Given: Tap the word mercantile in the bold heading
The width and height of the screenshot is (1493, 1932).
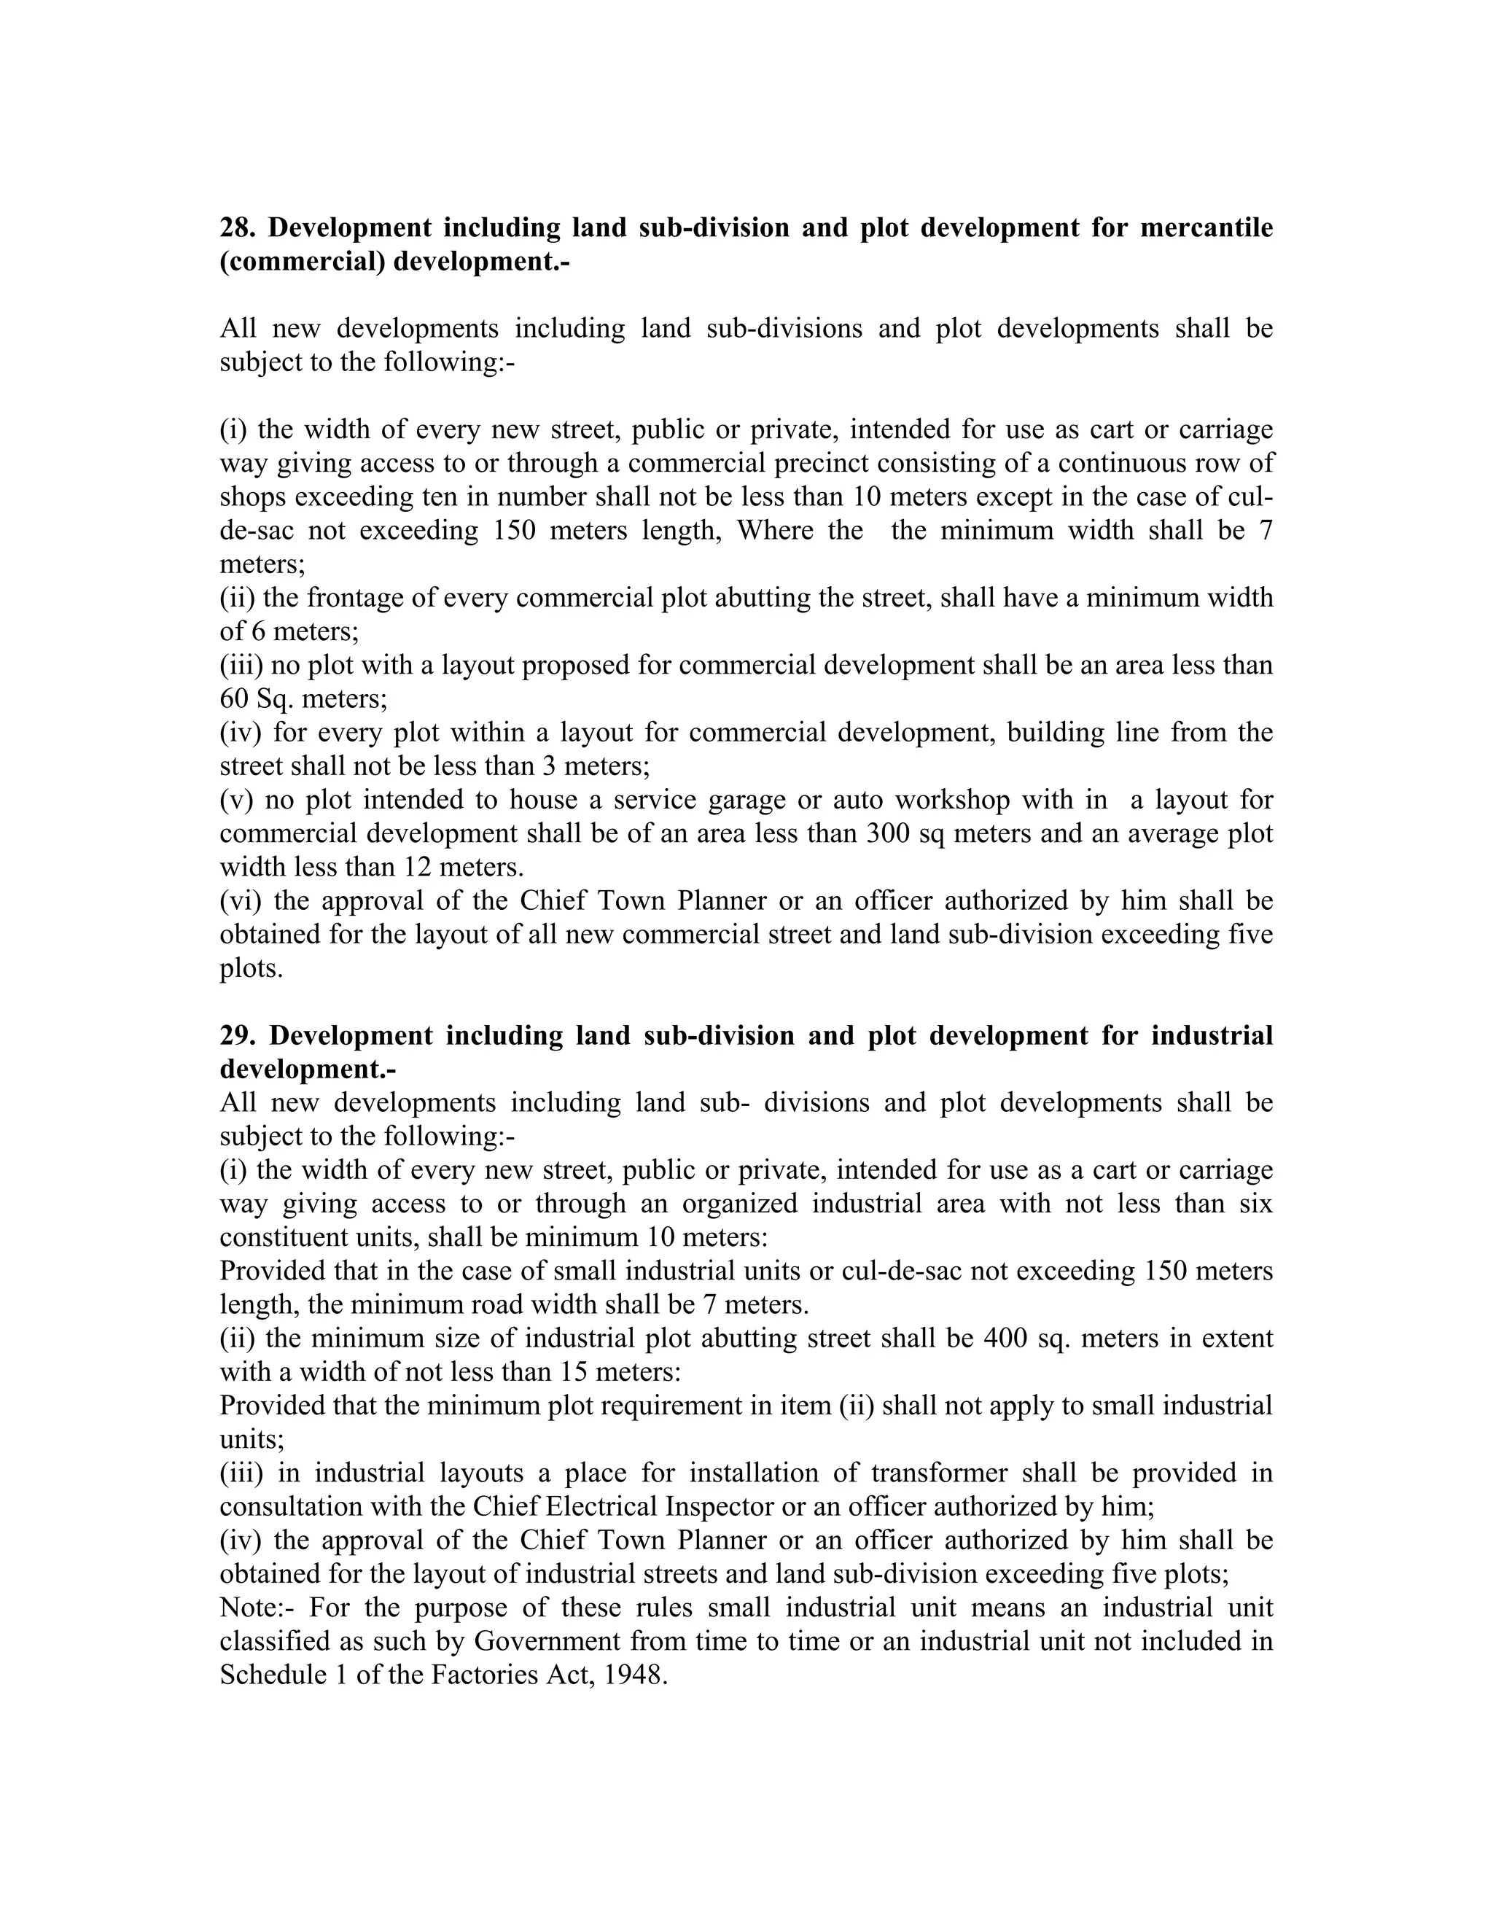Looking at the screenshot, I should [x=1207, y=228].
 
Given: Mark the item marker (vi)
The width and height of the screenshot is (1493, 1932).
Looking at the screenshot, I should [x=241, y=900].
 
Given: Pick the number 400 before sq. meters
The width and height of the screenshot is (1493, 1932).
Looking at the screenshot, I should [x=1005, y=1338].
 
